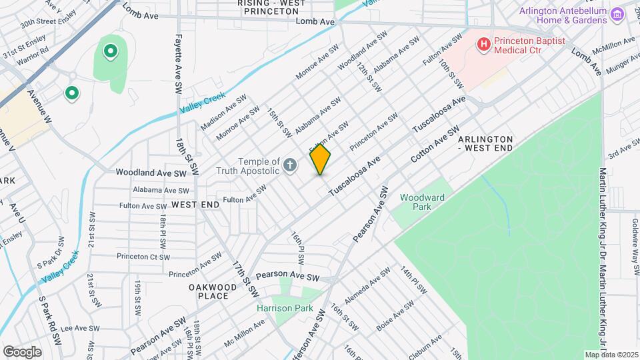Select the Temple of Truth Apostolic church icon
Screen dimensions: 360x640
point(290,165)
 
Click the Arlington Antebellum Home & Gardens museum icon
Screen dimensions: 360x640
point(617,13)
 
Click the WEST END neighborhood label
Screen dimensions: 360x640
point(195,205)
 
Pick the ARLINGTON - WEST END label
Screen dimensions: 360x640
point(485,143)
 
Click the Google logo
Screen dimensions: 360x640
point(22,351)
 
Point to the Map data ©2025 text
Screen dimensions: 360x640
point(611,355)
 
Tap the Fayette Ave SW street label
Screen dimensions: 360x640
point(179,65)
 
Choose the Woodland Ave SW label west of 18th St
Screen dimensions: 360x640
point(151,172)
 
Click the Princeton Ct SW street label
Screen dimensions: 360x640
point(143,257)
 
